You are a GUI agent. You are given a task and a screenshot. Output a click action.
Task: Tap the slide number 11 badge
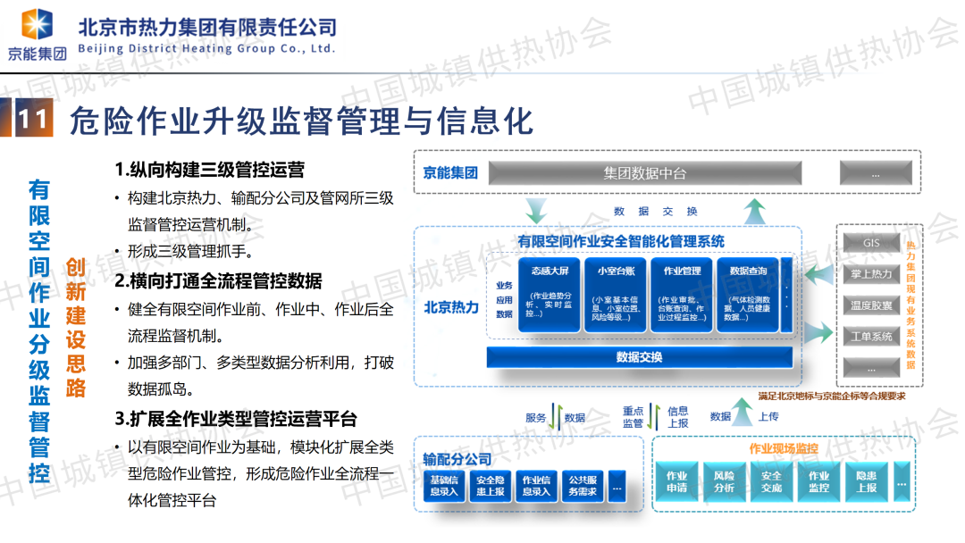(x=33, y=120)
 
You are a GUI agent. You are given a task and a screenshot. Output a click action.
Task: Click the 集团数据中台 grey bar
(x=644, y=173)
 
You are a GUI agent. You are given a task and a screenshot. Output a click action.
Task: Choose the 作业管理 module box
(x=682, y=294)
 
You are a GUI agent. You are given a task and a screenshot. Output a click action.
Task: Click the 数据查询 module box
(x=748, y=294)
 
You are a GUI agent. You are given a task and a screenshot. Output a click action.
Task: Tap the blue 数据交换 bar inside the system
(x=639, y=357)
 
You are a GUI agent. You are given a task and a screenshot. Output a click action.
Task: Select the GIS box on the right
(x=871, y=244)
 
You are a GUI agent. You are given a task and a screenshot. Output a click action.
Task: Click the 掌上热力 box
(x=871, y=274)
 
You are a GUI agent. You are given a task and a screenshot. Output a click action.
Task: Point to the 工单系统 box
(x=871, y=337)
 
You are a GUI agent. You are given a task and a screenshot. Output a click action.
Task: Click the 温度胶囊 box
(x=871, y=305)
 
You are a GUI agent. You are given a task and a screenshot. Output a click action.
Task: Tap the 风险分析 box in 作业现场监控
(x=725, y=481)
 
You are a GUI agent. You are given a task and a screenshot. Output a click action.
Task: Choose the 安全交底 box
(x=771, y=481)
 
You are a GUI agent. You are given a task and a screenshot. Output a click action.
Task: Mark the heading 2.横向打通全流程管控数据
(x=218, y=280)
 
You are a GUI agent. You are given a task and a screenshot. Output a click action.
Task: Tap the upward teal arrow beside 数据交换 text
(x=755, y=211)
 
